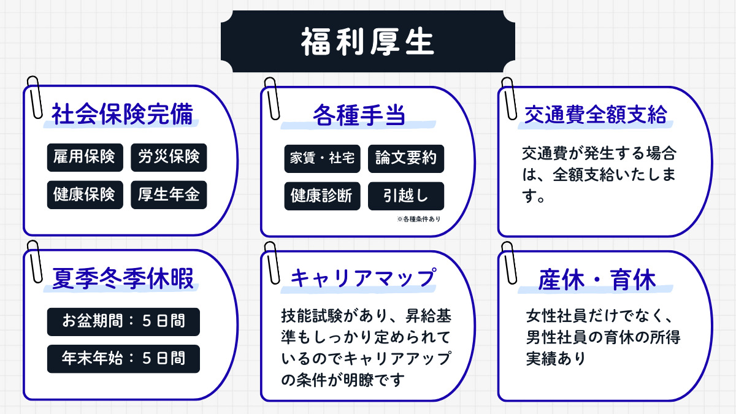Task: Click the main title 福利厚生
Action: tap(367, 42)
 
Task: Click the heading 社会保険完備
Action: tap(122, 115)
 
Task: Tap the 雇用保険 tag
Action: tap(84, 157)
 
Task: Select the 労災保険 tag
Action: tap(169, 157)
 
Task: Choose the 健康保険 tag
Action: tap(84, 194)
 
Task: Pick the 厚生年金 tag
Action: tap(169, 194)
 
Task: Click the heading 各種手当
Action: tap(359, 115)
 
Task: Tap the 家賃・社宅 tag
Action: tap(322, 158)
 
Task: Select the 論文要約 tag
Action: tap(405, 158)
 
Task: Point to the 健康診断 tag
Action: tap(322, 196)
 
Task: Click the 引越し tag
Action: tap(405, 196)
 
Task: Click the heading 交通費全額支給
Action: tap(596, 115)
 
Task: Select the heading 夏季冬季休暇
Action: tap(122, 279)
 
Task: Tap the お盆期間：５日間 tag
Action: tap(123, 321)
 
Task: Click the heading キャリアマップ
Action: tap(362, 279)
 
